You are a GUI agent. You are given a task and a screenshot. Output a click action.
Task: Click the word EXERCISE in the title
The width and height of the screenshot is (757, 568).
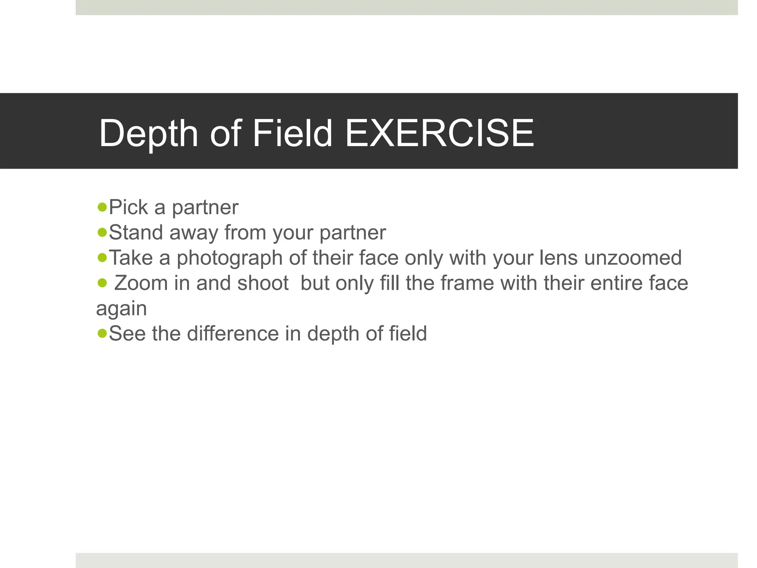439,133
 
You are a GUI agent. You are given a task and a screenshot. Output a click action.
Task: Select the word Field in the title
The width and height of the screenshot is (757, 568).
292,133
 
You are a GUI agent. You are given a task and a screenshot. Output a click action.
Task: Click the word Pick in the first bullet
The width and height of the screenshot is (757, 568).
128,207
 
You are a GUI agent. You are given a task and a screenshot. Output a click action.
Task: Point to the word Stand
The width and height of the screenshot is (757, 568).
136,233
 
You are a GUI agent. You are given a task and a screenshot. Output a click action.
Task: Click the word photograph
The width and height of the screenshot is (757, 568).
230,258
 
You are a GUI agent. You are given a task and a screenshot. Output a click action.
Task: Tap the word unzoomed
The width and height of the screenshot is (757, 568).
633,258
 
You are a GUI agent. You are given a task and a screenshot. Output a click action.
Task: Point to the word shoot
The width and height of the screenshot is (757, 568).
263,283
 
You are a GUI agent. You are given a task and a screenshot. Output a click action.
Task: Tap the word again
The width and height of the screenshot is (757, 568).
122,309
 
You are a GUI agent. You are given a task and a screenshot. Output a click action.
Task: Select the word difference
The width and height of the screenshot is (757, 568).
233,334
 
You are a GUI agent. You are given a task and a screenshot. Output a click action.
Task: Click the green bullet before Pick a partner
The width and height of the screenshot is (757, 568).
102,207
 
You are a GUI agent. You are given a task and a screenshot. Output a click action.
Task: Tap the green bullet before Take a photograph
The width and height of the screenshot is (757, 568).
102,257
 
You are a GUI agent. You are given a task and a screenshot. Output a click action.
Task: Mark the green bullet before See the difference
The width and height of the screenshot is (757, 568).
102,333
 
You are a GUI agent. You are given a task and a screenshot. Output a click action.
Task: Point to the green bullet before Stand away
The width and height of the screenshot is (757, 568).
102,232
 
